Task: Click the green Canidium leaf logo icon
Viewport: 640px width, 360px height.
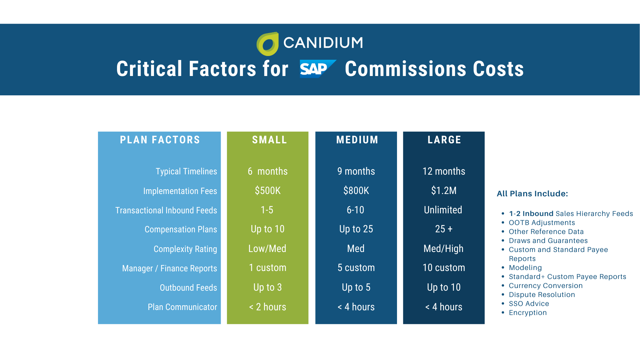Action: point(267,44)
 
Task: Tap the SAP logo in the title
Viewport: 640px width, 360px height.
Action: point(317,69)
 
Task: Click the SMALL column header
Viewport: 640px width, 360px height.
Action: point(269,140)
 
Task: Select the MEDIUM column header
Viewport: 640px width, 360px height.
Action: point(357,140)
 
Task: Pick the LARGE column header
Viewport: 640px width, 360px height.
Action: point(444,140)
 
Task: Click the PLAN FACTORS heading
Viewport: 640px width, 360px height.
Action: point(160,140)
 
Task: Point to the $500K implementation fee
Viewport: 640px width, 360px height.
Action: point(268,191)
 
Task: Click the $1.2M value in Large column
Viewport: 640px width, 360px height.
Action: point(444,191)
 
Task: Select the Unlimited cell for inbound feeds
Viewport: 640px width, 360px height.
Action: point(443,210)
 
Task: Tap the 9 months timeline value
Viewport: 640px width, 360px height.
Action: point(356,171)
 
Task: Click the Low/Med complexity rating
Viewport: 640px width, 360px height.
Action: point(267,249)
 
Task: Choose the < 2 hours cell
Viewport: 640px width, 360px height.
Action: point(268,307)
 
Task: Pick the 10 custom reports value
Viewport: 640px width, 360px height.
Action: point(444,268)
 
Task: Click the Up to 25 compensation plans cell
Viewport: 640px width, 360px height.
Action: point(356,229)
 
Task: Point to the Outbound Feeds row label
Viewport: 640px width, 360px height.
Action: point(188,288)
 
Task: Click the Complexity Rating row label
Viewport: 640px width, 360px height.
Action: point(185,249)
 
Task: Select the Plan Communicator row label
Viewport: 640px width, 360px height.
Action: point(182,307)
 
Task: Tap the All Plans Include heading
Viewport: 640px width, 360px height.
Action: point(532,194)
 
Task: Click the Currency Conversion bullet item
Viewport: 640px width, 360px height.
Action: point(546,286)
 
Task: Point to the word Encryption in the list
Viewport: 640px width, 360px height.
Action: point(528,313)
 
